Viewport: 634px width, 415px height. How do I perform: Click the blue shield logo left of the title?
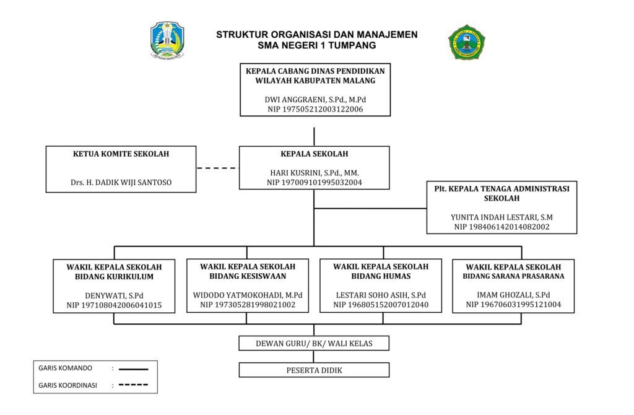167,40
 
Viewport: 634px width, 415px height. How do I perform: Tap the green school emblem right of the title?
467,42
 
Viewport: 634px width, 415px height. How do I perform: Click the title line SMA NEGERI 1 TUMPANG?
317,45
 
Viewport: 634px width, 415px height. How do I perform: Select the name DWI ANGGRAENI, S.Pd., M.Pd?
315,100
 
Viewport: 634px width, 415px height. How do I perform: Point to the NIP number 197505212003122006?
315,109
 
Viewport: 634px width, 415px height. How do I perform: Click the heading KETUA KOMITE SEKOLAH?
121,154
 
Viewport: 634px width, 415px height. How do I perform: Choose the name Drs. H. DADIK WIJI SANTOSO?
121,183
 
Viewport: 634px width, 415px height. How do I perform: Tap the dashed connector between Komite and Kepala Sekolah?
217,168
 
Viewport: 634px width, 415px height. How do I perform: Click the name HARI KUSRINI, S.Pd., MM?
315,173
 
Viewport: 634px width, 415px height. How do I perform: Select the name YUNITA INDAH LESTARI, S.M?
502,217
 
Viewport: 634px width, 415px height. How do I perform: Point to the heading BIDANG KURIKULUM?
114,277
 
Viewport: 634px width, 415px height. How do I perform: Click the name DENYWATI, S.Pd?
114,295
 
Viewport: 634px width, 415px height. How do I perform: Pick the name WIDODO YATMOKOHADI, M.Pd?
248,295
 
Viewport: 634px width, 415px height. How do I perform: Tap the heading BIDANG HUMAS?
381,276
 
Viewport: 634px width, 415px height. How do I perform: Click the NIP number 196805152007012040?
381,305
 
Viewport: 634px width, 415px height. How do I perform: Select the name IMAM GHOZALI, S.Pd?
513,295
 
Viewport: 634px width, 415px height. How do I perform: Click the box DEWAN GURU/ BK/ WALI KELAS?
314,343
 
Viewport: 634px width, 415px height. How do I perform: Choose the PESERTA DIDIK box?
314,370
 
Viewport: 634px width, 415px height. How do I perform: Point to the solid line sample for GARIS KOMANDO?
134,369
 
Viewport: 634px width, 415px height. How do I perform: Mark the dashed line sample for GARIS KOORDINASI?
134,385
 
